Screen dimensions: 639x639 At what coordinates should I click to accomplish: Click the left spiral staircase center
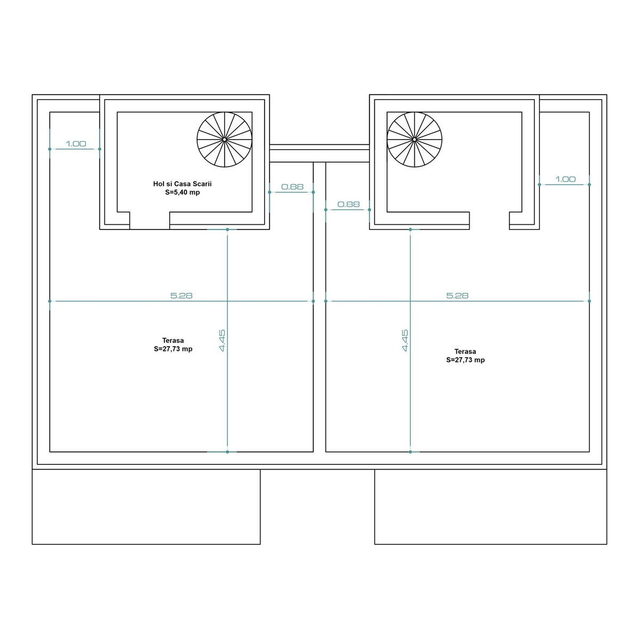(x=225, y=140)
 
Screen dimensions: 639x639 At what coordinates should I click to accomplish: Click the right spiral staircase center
(x=414, y=140)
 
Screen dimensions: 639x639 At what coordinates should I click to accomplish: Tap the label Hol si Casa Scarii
(x=183, y=184)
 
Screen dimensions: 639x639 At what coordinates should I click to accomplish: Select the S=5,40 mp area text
(x=183, y=192)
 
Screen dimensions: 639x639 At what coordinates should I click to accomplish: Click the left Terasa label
(x=173, y=340)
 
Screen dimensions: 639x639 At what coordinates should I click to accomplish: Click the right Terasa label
(x=465, y=351)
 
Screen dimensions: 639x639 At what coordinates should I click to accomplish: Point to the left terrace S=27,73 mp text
(x=173, y=349)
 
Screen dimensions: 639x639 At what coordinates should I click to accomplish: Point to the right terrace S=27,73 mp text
(x=465, y=360)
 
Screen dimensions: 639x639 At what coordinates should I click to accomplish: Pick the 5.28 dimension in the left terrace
(x=182, y=296)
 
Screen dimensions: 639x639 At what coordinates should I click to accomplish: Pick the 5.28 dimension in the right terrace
(x=457, y=296)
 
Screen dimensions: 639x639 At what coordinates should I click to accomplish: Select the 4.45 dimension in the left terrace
(x=222, y=340)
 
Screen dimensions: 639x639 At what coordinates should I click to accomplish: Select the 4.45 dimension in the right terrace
(x=405, y=340)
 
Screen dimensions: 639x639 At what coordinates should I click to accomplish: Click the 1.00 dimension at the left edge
(x=76, y=144)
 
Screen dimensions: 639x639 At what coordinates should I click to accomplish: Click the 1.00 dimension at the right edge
(x=566, y=179)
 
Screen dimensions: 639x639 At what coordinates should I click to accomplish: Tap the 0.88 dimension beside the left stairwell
(x=292, y=187)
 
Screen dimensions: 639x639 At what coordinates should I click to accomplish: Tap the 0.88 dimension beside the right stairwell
(x=348, y=204)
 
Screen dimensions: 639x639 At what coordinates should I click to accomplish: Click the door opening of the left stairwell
(x=150, y=220)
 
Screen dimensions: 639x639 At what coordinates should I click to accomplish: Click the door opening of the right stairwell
(x=489, y=220)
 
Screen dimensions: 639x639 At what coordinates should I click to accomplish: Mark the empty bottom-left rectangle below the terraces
(x=146, y=507)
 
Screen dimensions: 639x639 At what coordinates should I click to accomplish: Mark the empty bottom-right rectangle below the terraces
(x=491, y=507)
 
